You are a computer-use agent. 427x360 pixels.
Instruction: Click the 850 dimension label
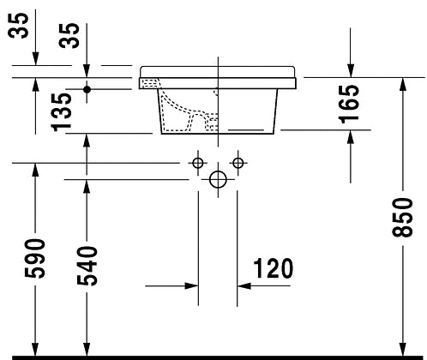tap(402, 218)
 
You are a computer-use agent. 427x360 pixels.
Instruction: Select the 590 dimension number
tap(35, 259)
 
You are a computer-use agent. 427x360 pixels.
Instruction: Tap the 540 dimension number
tap(87, 266)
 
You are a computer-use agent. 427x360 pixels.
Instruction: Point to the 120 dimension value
tap(274, 268)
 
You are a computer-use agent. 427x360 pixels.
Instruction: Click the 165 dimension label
tap(349, 104)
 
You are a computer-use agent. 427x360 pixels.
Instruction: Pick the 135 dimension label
tap(61, 112)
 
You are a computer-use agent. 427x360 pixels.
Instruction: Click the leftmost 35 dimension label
tap(18, 26)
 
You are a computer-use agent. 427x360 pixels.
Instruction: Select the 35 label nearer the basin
tap(69, 35)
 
